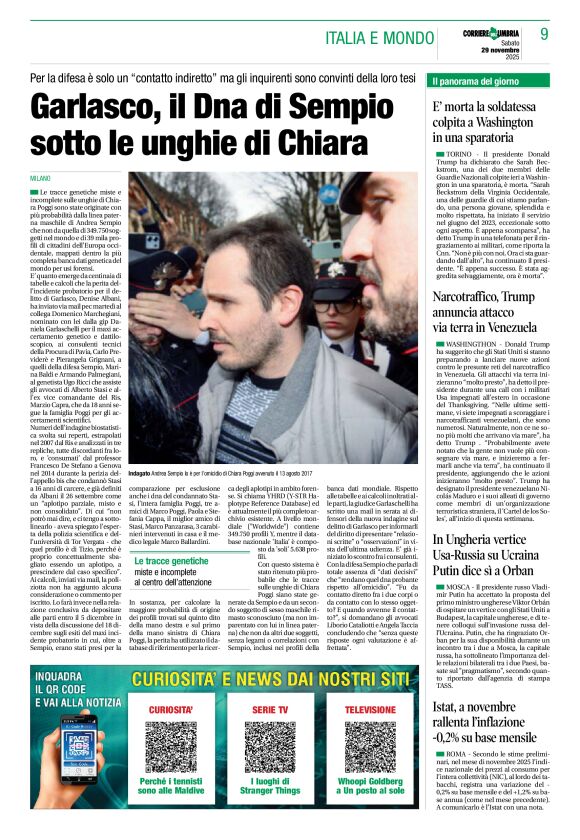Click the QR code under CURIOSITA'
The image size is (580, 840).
[172, 747]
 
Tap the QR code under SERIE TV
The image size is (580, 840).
[275, 747]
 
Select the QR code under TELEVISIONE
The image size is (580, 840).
[370, 747]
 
